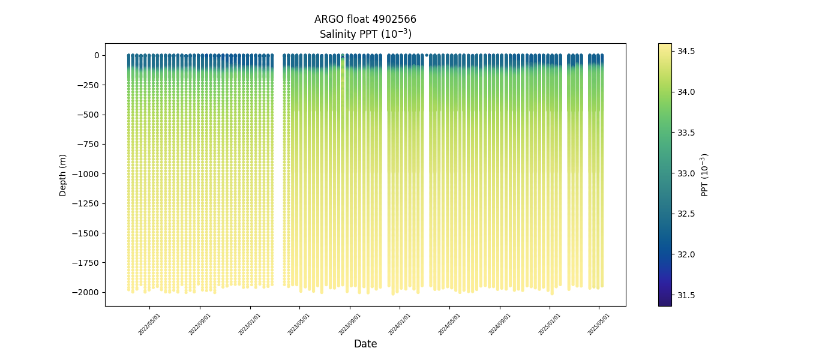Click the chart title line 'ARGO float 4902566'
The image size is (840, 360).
coord(365,19)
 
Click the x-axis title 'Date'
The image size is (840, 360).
coord(365,344)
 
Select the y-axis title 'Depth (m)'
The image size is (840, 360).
coord(63,175)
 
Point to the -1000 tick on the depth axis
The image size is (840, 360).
coord(88,174)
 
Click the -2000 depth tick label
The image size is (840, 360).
coord(88,292)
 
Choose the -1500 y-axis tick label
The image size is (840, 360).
coord(88,233)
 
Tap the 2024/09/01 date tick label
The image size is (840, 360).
coord(499,324)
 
